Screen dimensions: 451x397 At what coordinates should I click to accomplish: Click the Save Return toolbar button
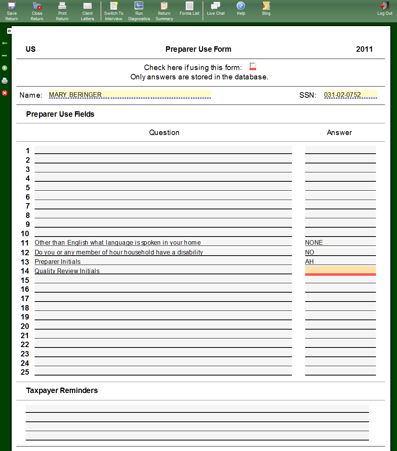point(12,11)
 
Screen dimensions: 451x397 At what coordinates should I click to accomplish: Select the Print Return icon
point(62,11)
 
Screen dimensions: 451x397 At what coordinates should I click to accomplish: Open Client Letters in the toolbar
point(88,11)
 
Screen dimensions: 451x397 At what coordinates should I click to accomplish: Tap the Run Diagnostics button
point(139,11)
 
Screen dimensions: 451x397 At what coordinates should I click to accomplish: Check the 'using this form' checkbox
point(253,66)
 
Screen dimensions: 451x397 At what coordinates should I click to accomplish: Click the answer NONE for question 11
point(314,242)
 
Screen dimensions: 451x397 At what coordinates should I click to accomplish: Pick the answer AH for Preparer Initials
point(309,261)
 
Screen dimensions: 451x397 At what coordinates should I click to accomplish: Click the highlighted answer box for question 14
point(340,270)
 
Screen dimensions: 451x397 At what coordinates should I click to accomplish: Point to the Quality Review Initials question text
point(67,271)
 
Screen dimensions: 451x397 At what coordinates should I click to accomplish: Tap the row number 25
point(25,372)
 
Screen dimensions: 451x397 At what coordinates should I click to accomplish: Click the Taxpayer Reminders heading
point(62,390)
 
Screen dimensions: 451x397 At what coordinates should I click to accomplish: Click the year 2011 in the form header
point(364,49)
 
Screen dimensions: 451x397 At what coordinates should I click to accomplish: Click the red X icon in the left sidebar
point(5,93)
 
